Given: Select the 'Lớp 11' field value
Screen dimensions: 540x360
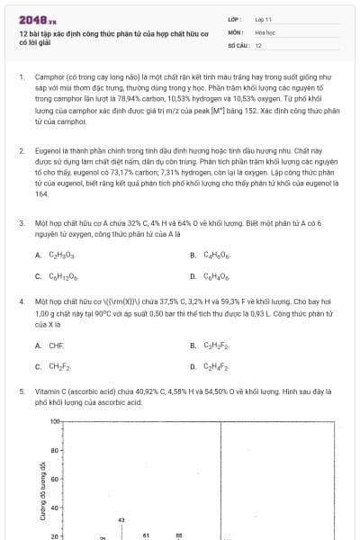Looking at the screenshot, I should [263, 18].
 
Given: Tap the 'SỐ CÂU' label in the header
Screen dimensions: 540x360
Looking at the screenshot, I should [238, 44].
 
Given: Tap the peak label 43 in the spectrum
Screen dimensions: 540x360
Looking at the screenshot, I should [121, 519].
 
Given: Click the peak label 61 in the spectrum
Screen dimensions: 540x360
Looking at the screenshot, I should [146, 535].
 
